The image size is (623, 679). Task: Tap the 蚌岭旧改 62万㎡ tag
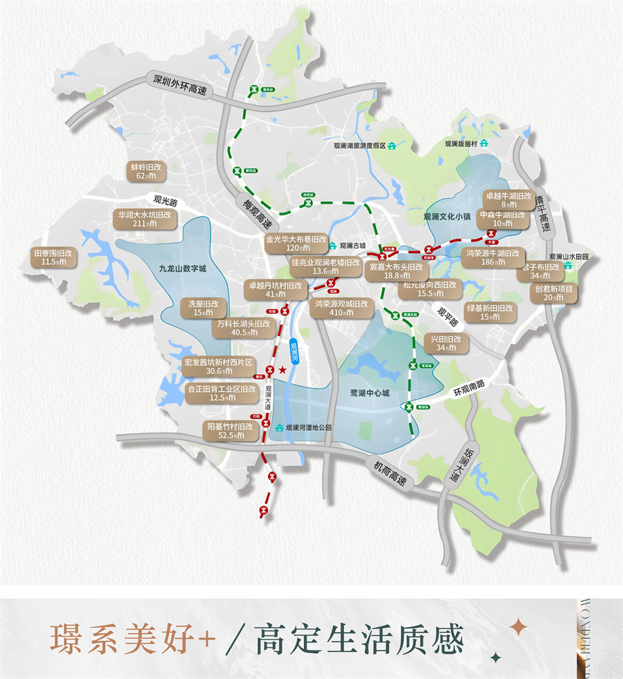146,170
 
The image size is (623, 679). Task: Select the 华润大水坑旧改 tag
145,218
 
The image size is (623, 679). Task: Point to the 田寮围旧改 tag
52,257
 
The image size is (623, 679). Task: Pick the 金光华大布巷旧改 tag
297,244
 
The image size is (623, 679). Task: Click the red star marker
282,369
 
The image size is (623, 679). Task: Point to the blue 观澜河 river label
294,353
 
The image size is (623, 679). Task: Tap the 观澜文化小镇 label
447,217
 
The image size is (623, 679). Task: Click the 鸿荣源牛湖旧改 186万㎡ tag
493,257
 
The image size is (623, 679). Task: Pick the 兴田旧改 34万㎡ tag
446,343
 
